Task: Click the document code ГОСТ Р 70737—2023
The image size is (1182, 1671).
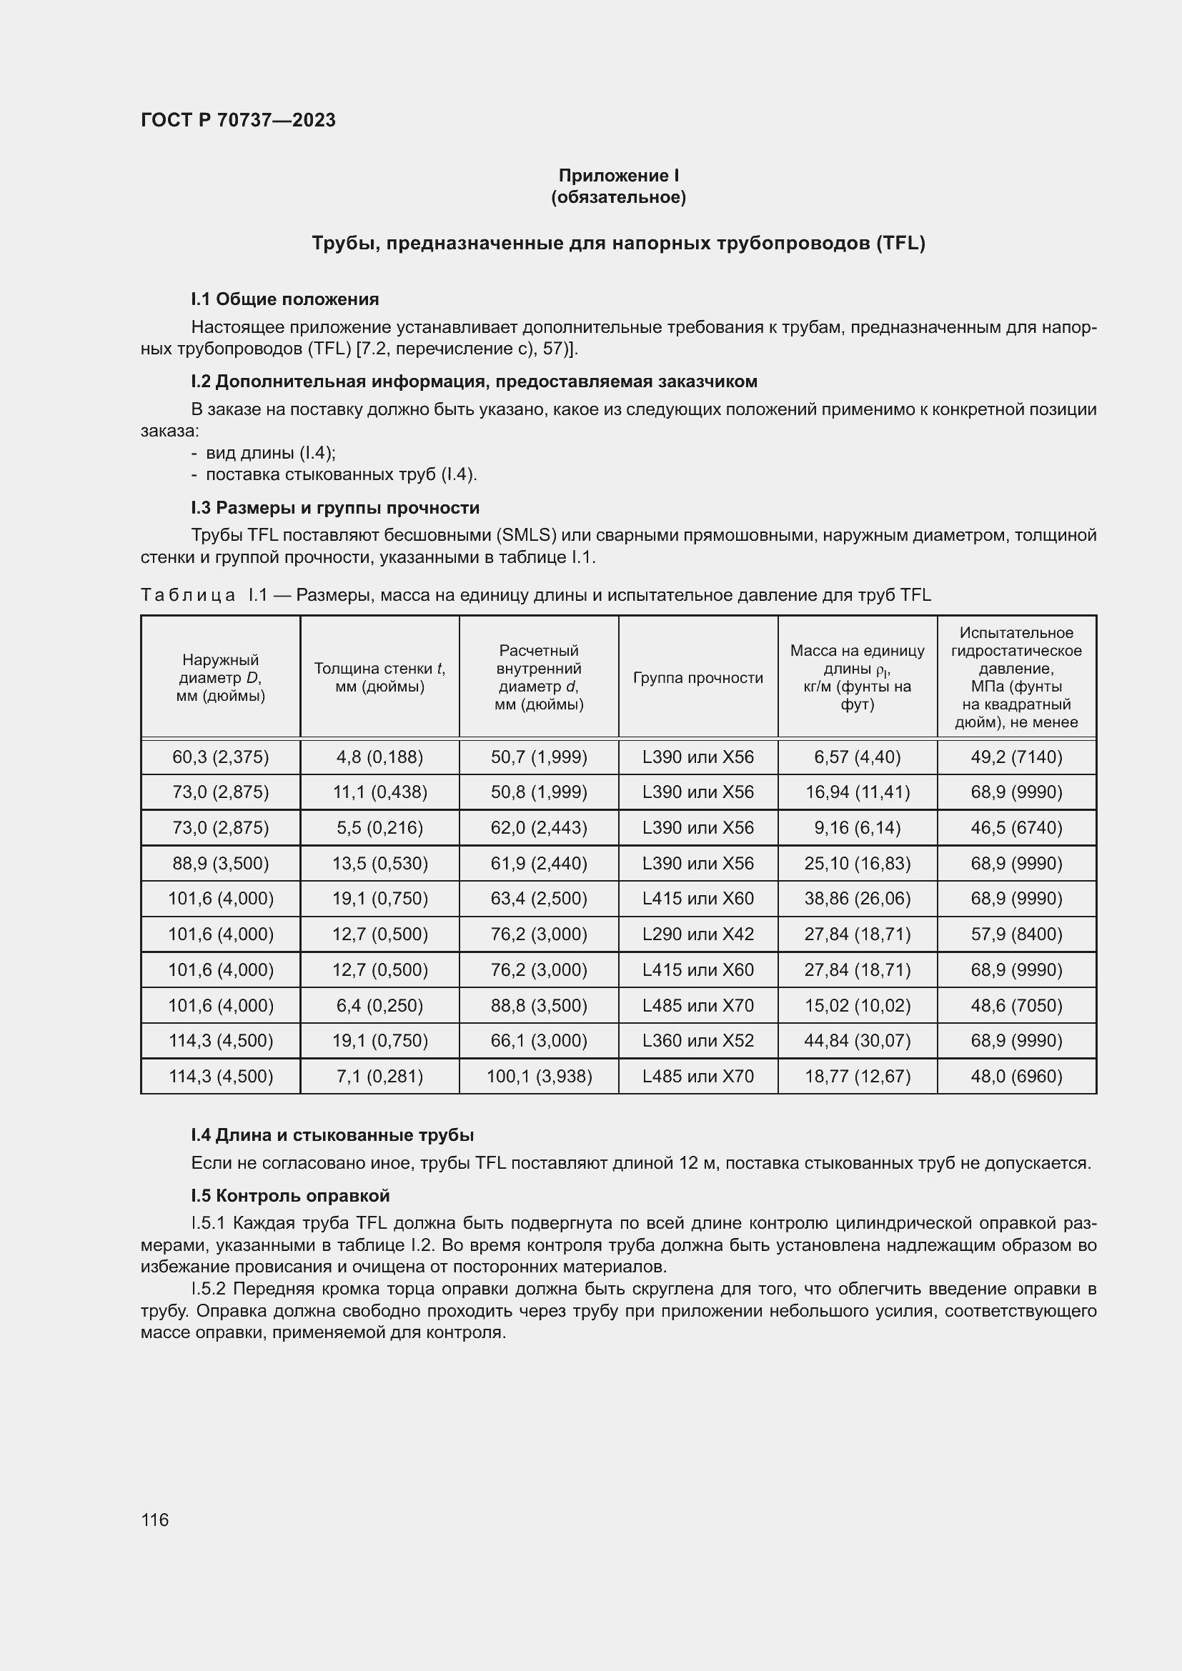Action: (238, 120)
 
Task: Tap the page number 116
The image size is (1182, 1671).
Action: (154, 1520)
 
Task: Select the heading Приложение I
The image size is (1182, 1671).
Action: (618, 176)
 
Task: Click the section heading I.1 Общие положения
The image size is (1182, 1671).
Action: (284, 299)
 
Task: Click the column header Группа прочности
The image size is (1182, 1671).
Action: (698, 677)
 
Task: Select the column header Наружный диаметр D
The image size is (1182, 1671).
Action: (221, 677)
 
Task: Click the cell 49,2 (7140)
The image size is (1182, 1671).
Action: (1016, 757)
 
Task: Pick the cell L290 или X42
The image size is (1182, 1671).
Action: (698, 934)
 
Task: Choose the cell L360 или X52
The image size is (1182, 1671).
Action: (698, 1040)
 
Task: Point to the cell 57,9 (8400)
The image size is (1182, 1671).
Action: (1016, 934)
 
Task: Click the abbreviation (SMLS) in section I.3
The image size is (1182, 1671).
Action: (526, 536)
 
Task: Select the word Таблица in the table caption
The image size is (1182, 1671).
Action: (188, 595)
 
